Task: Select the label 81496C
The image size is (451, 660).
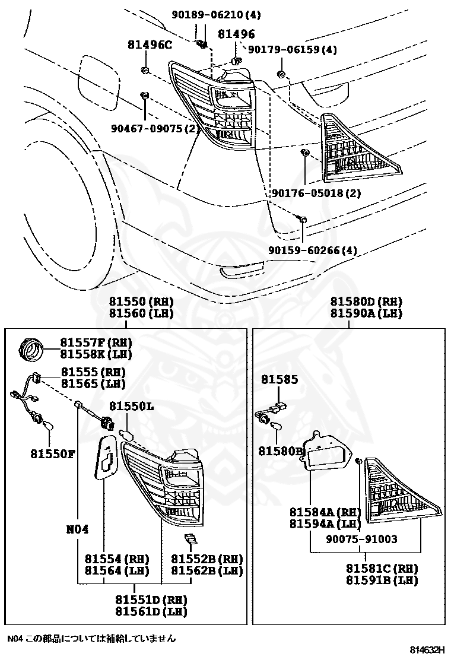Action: click(149, 45)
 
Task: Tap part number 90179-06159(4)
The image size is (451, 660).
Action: click(292, 50)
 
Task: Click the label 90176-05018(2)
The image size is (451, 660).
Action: click(316, 193)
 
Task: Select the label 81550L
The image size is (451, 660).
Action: click(131, 406)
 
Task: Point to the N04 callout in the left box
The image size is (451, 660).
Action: click(77, 529)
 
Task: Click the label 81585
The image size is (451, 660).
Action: click(278, 379)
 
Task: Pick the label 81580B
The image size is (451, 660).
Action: click(281, 451)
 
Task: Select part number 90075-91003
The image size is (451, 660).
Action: click(361, 540)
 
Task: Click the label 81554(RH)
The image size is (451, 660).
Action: click(116, 559)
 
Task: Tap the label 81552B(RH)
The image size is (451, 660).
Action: click(207, 559)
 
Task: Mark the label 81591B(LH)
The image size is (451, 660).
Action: click(382, 580)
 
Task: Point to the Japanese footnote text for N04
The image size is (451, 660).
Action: click(91, 639)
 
